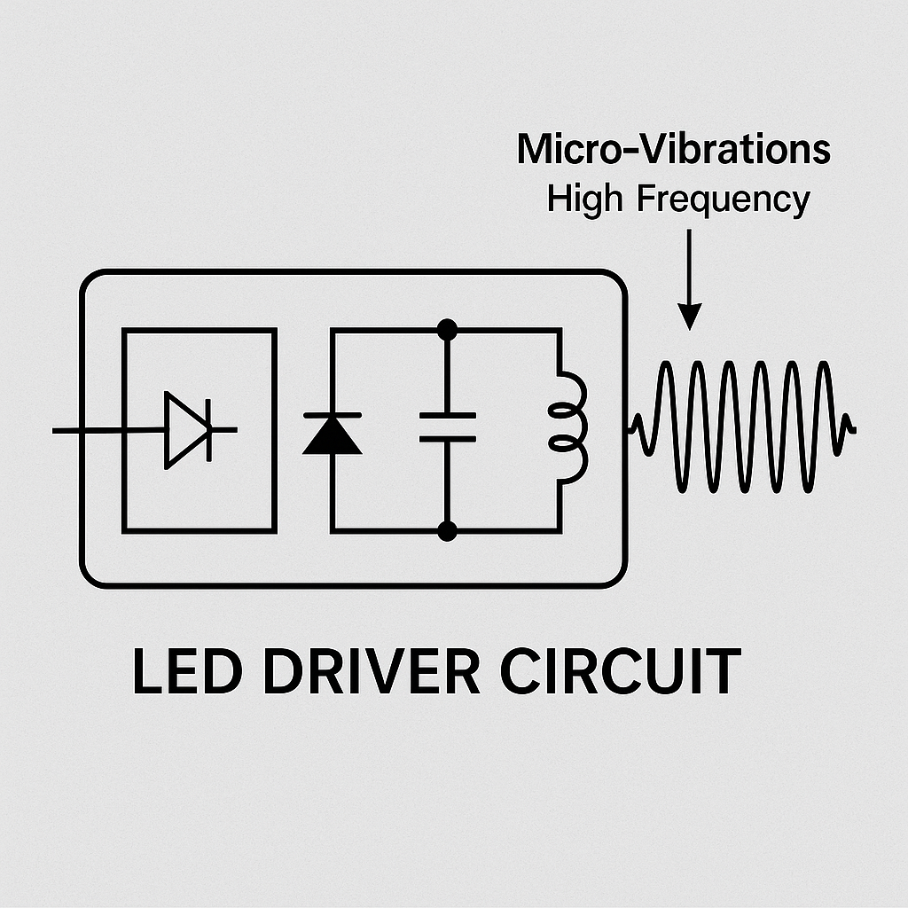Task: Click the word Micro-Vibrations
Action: click(673, 149)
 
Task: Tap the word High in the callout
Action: click(586, 199)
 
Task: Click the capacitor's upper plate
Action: click(447, 414)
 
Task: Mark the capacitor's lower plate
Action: click(447, 438)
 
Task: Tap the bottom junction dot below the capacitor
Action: click(448, 531)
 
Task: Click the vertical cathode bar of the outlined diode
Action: click(209, 430)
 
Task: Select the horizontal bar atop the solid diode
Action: click(332, 415)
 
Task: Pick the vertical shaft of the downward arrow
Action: click(689, 266)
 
